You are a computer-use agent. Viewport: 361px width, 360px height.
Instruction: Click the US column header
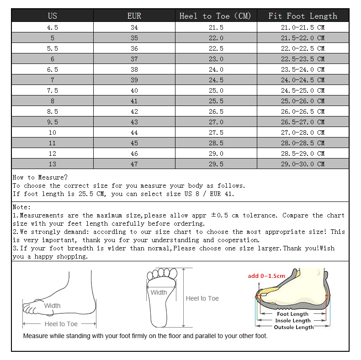53,16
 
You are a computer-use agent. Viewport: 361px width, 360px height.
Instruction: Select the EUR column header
134,16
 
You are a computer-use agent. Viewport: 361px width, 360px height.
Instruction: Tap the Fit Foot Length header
303,16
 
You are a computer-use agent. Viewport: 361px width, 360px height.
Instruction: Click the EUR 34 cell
134,27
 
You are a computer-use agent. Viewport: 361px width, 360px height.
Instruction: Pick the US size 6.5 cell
53,69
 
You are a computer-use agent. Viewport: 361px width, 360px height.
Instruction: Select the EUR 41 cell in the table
134,101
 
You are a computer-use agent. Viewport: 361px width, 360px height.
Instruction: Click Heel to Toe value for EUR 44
216,132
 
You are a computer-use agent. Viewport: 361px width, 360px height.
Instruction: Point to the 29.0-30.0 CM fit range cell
303,164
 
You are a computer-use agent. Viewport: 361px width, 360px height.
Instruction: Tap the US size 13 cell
53,164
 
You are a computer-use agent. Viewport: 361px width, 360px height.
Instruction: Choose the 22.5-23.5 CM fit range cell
303,59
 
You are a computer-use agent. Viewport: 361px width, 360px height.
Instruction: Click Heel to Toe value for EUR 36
216,48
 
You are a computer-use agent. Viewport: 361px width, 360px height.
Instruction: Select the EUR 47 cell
134,164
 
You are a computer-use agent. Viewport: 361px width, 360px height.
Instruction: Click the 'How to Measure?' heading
40,177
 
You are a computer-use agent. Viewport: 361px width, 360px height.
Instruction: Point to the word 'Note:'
22,207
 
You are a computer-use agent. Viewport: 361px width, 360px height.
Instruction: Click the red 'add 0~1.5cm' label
266,276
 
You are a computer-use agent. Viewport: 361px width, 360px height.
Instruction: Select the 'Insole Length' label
293,321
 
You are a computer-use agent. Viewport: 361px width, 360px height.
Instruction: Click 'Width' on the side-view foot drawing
52,306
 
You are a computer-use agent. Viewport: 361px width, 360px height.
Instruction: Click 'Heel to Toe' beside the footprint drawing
202,298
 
